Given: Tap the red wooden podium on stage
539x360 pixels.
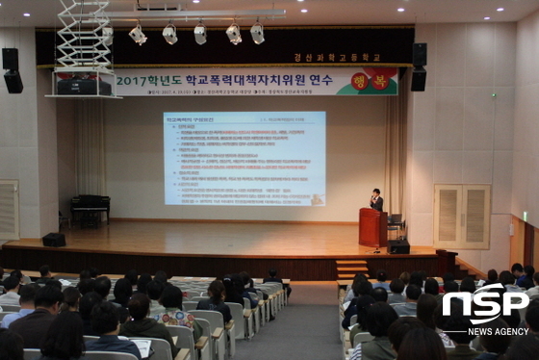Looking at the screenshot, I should (372, 227).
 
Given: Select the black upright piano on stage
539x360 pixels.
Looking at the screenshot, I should (90, 209).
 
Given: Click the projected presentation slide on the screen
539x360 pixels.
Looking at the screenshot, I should (244, 158).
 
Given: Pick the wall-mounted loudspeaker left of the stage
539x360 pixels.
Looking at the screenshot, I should (12, 70).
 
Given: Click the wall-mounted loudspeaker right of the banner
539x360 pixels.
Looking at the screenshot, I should (419, 66).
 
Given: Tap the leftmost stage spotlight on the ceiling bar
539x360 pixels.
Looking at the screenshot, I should (138, 36).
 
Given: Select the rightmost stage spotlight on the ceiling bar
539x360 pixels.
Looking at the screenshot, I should (257, 34).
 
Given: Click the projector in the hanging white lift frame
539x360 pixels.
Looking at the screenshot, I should (85, 85).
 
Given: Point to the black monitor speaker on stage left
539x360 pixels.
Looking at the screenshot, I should (54, 240).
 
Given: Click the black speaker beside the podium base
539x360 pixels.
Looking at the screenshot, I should (398, 245).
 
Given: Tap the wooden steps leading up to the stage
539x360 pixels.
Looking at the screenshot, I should (351, 269).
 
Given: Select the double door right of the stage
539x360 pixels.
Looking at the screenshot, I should (461, 217).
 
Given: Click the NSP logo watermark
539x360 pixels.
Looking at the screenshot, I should (485, 307).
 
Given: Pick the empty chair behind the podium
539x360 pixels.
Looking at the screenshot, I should (395, 224).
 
